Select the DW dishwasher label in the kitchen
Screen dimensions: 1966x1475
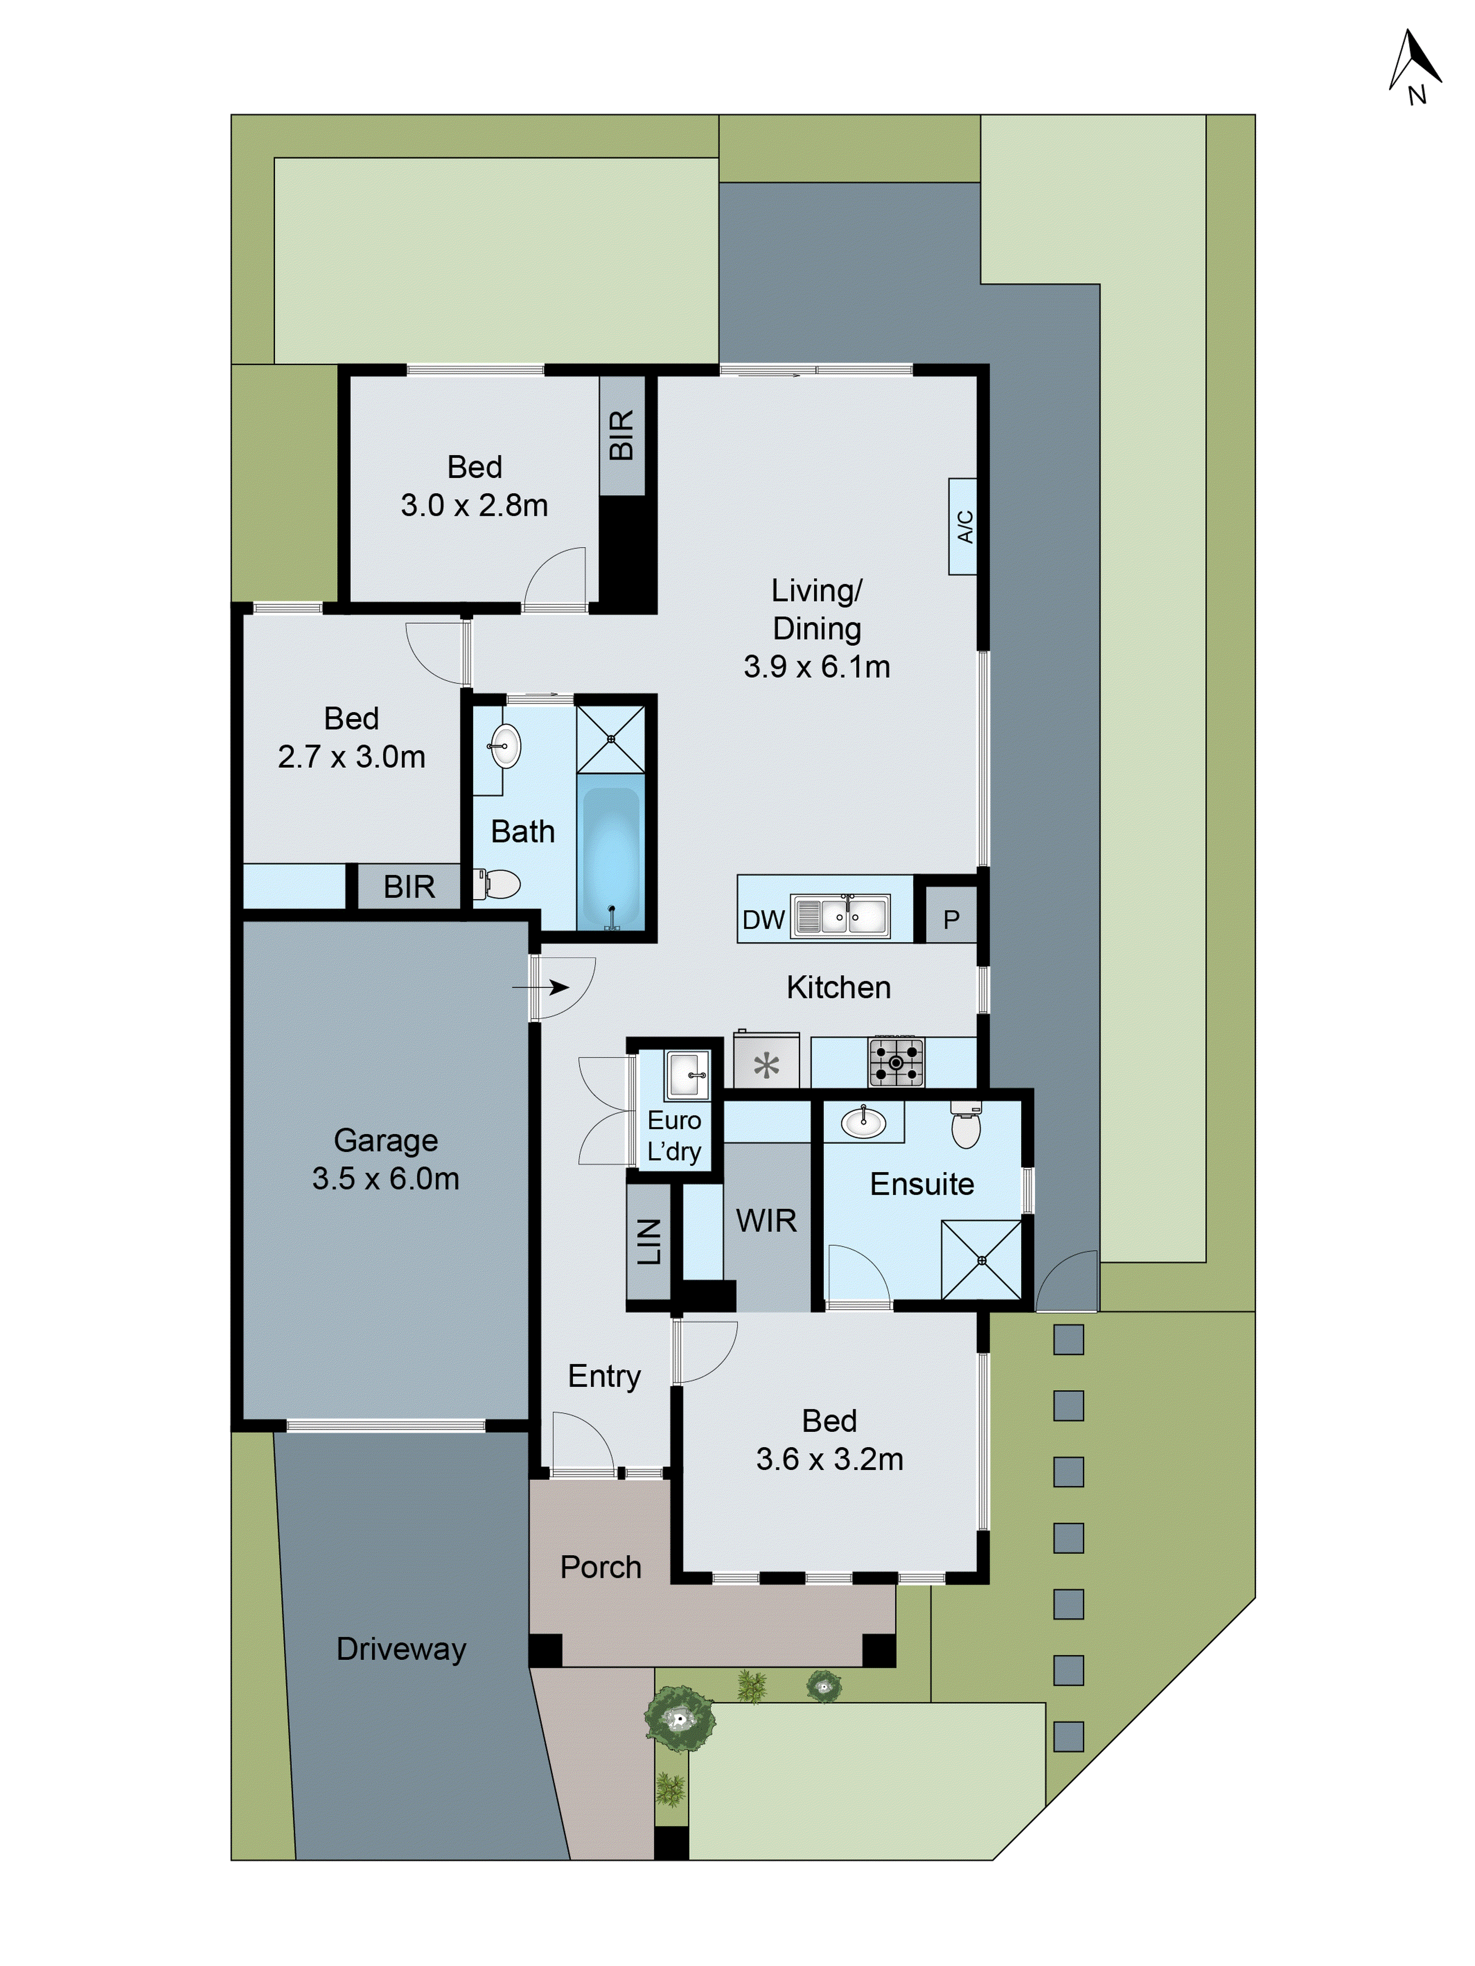(x=763, y=919)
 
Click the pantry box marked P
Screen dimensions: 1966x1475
(x=950, y=919)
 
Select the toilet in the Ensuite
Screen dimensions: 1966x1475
(x=966, y=1126)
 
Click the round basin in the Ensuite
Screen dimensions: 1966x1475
(x=862, y=1122)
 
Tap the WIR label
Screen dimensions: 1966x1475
(x=766, y=1220)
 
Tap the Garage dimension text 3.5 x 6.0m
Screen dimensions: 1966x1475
(x=385, y=1178)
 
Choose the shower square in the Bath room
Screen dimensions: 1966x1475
(x=610, y=738)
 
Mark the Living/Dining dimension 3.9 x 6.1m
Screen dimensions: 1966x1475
(x=816, y=667)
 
